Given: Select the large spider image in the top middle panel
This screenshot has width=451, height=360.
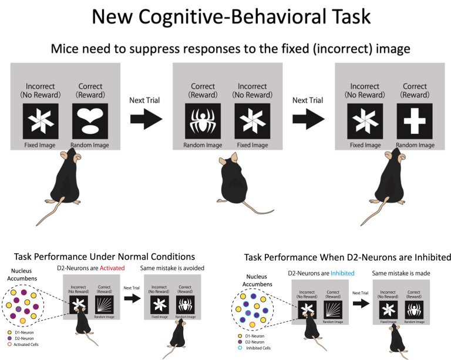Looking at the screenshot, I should [203, 121].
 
